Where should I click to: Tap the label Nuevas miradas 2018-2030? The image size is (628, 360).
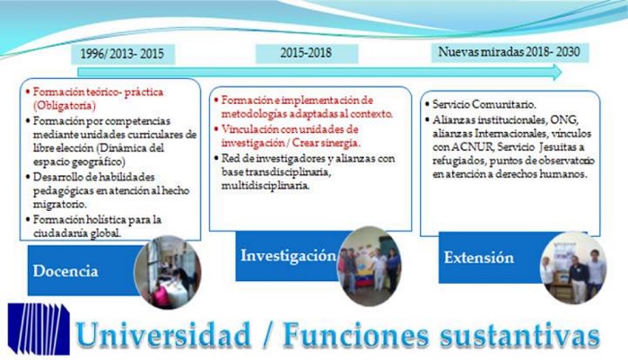(508, 51)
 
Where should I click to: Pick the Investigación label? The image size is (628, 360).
(287, 256)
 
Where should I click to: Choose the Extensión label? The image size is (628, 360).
(478, 258)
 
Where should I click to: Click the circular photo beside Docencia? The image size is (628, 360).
(167, 272)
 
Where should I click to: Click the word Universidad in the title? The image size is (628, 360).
(163, 333)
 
